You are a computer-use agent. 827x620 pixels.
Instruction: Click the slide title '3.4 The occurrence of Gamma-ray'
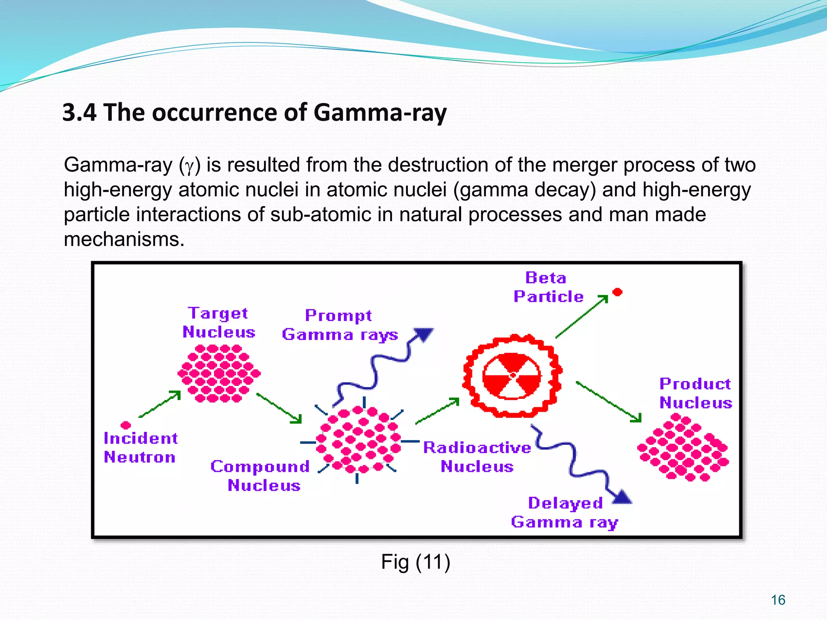click(254, 112)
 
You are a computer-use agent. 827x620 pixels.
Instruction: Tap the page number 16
click(778, 600)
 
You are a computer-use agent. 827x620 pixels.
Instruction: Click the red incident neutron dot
click(126, 425)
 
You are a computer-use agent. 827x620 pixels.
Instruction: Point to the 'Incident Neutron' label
click(140, 448)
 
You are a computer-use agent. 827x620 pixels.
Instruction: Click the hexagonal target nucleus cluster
click(219, 373)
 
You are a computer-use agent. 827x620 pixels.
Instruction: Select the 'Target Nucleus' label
click(218, 323)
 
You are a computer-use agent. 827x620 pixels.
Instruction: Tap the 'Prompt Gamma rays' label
click(339, 325)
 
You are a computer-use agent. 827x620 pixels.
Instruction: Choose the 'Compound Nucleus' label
click(260, 476)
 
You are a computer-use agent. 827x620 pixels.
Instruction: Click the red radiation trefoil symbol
click(512, 375)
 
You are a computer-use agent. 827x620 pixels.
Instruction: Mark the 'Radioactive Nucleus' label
click(477, 457)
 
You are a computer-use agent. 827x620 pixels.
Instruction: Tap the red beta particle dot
click(617, 292)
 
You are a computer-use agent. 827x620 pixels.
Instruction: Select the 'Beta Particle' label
click(548, 287)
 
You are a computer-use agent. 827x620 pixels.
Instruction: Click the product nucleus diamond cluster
click(683, 448)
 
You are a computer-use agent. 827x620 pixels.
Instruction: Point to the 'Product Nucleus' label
click(695, 393)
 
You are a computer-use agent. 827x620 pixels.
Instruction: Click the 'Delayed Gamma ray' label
click(565, 512)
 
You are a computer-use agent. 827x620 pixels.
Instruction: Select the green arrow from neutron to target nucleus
click(160, 404)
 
